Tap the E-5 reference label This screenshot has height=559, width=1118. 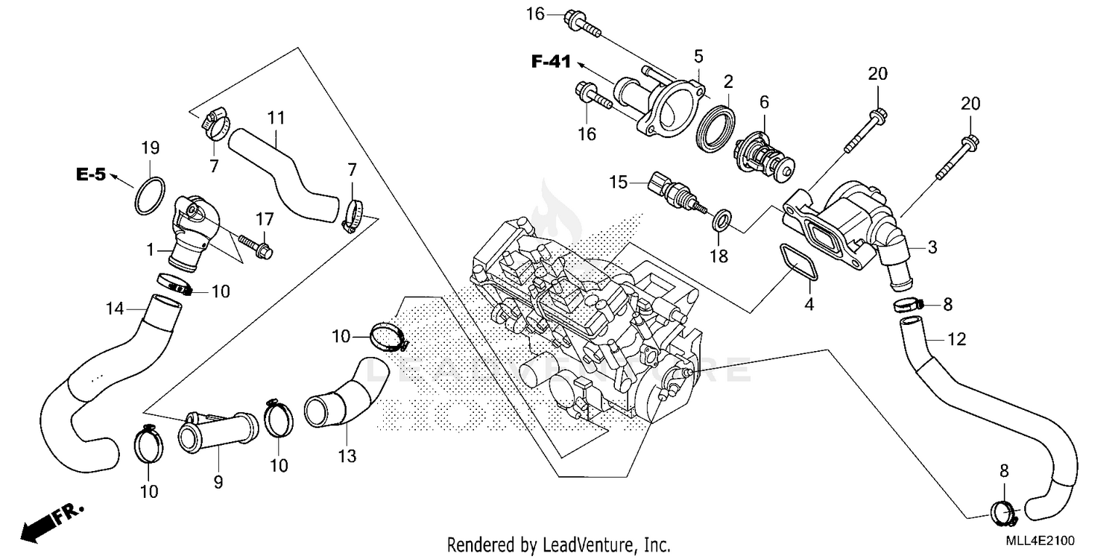[90, 175]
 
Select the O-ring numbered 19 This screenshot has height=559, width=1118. [150, 195]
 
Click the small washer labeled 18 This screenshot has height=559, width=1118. [721, 220]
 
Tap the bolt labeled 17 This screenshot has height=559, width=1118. [256, 247]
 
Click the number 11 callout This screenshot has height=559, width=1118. [277, 117]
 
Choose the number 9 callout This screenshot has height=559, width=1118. [218, 482]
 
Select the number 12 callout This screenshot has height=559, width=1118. [956, 340]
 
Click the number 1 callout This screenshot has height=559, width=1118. [150, 250]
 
